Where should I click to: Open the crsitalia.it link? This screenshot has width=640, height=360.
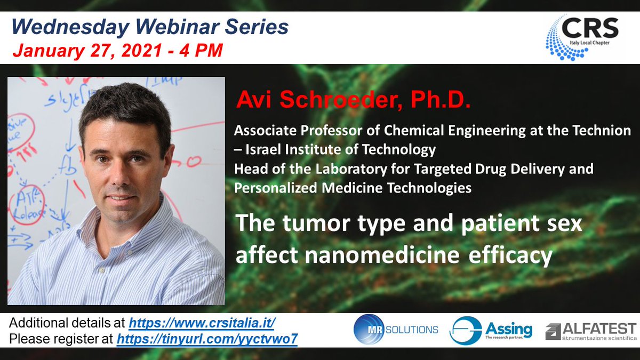click(x=202, y=323)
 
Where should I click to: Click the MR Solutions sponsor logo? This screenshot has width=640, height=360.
click(x=395, y=330)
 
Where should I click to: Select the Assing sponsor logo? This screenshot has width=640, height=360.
click(x=491, y=330)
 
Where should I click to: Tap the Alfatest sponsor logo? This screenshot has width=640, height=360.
click(x=590, y=330)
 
